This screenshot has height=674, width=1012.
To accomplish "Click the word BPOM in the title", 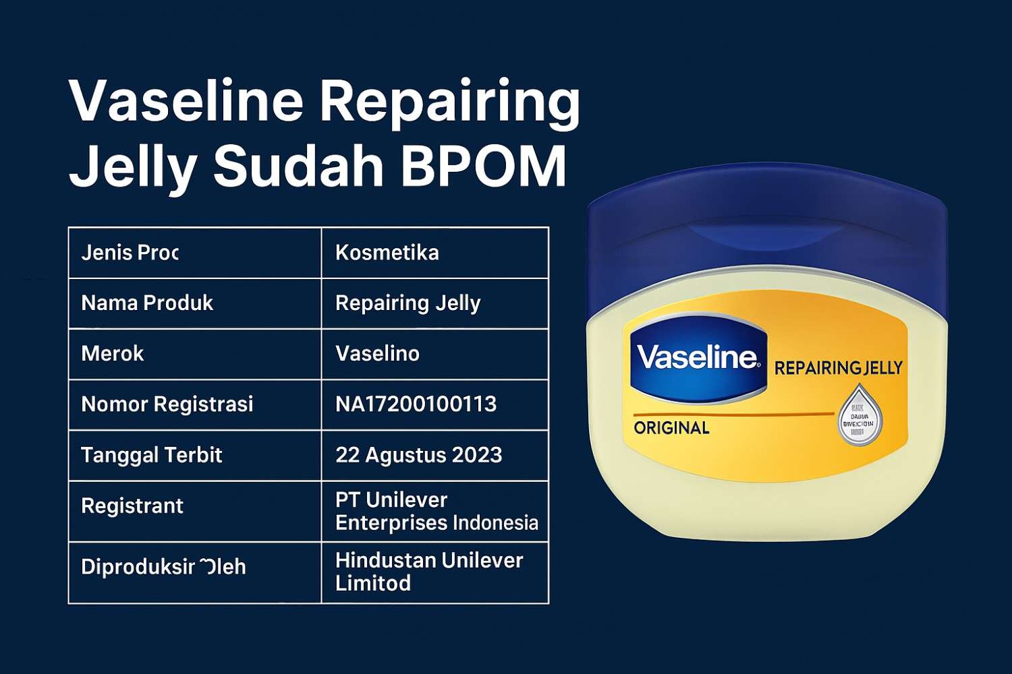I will tap(484, 166).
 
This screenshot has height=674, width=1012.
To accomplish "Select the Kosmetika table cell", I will tap(387, 253).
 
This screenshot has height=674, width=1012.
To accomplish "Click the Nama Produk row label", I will tap(147, 303).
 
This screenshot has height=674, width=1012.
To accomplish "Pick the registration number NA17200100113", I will tap(416, 404).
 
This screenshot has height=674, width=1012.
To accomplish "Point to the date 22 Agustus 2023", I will tap(418, 455).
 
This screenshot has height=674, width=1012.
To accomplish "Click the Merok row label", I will tap(113, 354).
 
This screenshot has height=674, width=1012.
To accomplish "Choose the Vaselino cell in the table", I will tap(377, 354).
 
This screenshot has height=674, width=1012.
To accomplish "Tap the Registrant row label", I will tap(132, 506).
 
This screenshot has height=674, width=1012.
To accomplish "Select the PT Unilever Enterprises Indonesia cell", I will tap(436, 511).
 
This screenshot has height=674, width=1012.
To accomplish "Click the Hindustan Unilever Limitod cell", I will tap(428, 572).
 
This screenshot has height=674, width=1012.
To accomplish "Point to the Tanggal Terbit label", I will tap(152, 455).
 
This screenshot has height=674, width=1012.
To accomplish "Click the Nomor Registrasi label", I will tap(167, 404).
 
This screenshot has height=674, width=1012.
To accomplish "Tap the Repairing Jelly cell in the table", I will tap(407, 303).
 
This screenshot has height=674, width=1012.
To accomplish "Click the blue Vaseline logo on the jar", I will tap(698, 358).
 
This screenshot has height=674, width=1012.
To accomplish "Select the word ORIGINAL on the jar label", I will tap(671, 428).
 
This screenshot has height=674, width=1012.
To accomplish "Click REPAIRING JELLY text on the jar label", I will tap(838, 368).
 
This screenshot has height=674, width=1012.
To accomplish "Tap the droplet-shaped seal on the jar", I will tap(860, 417).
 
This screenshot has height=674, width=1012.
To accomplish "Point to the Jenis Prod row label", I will tap(130, 253).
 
